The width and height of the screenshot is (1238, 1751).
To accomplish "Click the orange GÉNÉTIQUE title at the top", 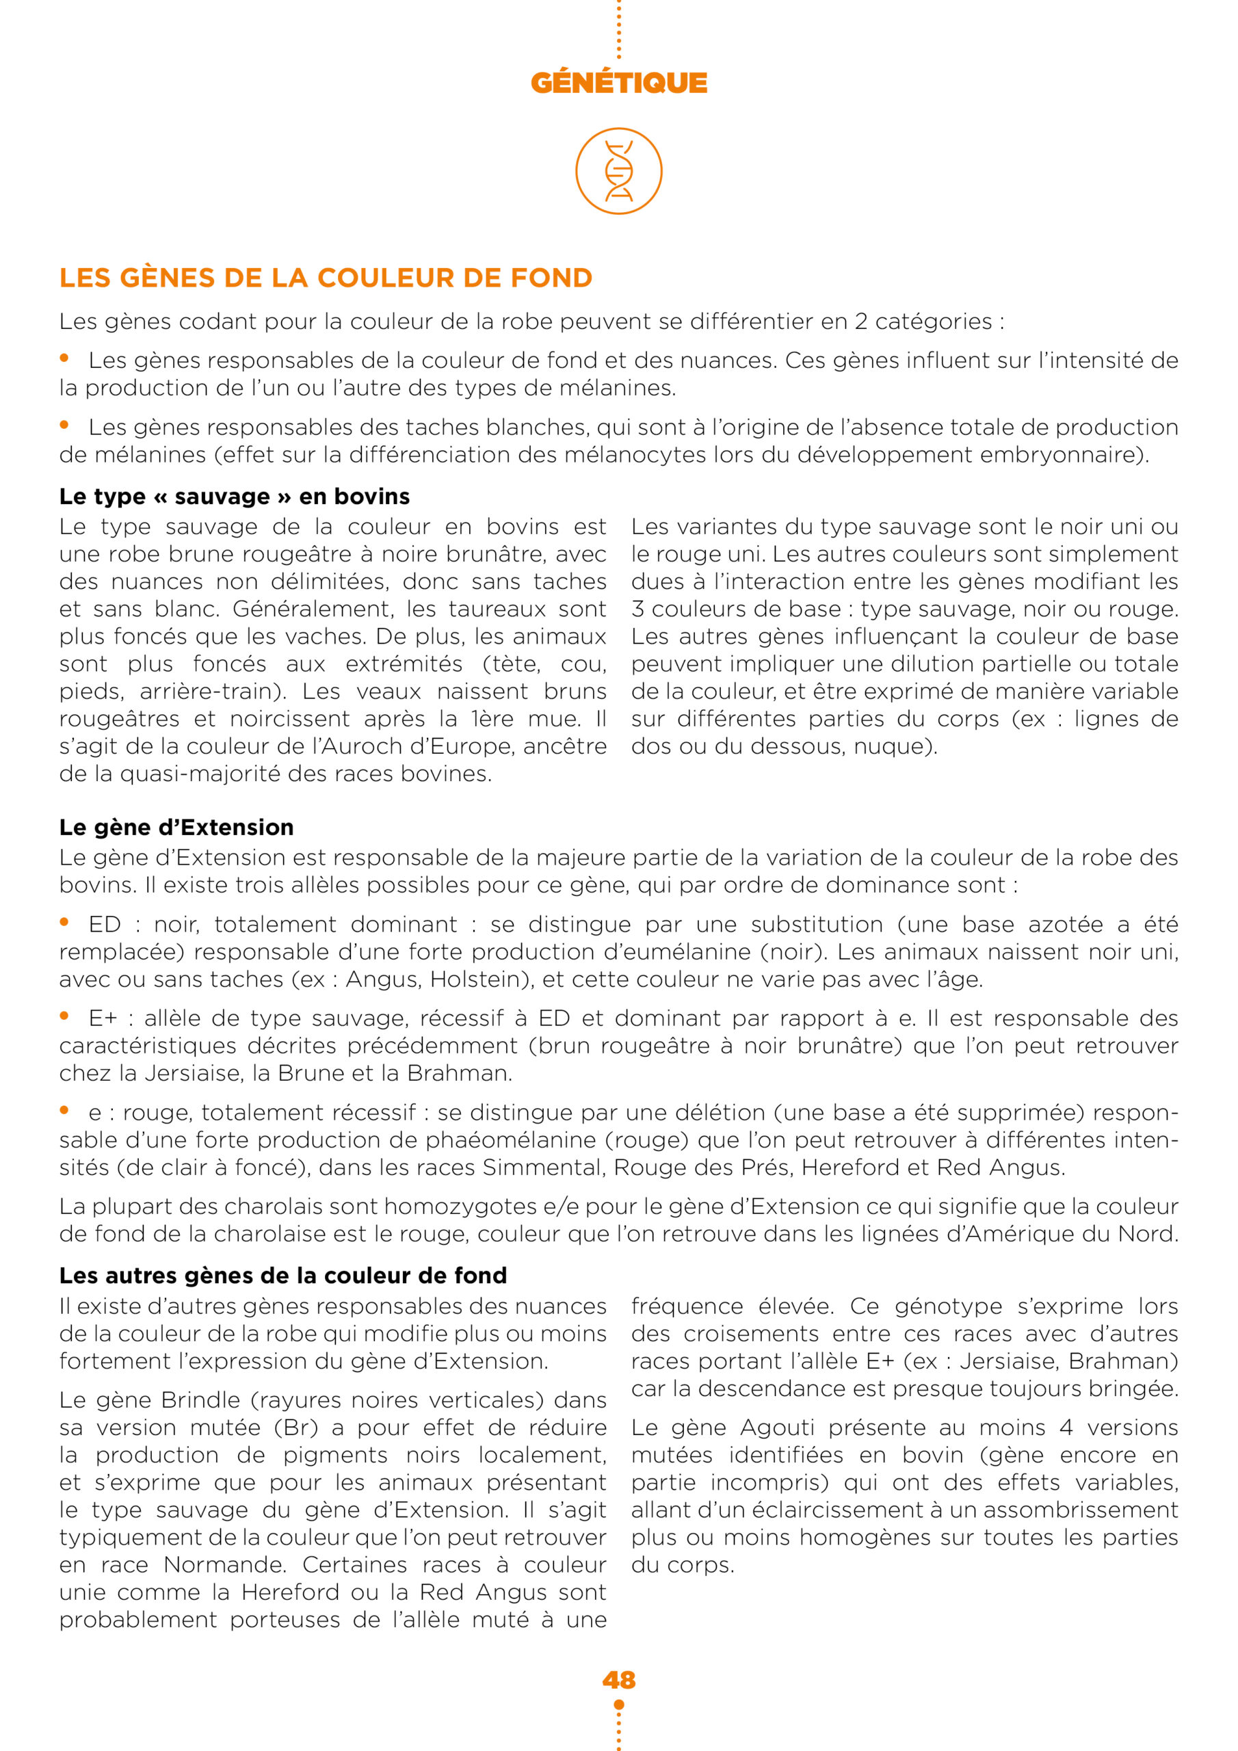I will pos(618,82).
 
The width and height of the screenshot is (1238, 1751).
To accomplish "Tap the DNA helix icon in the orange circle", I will pos(618,171).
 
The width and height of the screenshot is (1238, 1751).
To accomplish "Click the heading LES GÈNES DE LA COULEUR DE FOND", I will pos(326,278).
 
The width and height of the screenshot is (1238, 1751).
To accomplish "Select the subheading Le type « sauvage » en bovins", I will pos(234,497).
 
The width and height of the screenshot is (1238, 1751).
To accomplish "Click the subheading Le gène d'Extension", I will pos(176,828).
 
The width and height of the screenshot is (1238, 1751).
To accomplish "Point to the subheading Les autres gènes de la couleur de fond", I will pos(283,1276).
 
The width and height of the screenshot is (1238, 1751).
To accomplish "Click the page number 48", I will pos(618,1680).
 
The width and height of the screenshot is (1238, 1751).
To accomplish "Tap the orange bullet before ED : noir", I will pos(65,923).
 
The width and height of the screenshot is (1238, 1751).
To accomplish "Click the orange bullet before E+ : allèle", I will pos(65,1016).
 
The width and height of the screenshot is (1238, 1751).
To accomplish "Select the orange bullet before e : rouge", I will pos(65,1111).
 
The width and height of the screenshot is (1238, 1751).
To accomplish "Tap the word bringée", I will pos(1133,1388).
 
